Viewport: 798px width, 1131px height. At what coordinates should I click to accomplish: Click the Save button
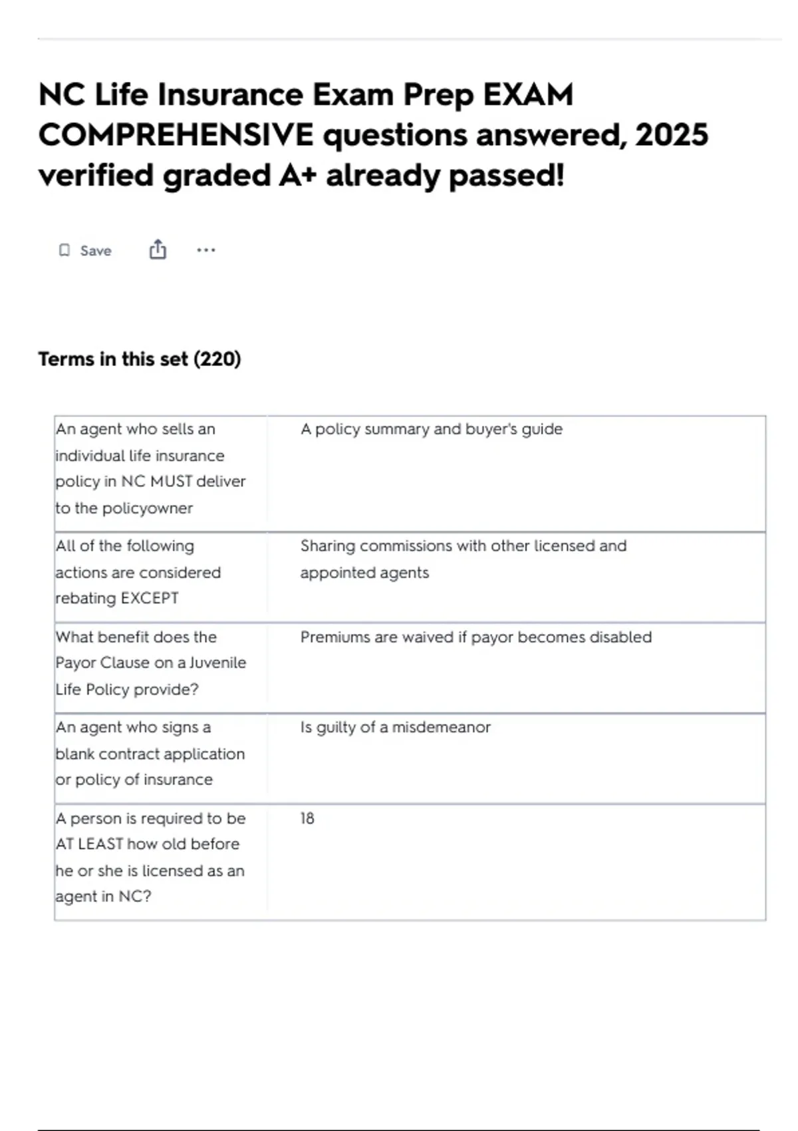[x=95, y=251]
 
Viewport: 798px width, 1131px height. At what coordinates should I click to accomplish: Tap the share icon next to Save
[x=158, y=249]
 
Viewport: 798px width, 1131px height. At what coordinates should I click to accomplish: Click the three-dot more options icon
[x=206, y=250]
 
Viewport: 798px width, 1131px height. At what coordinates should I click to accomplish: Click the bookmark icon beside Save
[x=65, y=250]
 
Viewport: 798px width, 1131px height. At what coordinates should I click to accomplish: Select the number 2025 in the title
[x=672, y=135]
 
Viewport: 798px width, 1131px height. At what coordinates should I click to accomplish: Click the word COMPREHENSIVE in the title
[x=176, y=135]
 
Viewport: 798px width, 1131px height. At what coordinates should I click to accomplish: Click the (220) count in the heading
[x=217, y=359]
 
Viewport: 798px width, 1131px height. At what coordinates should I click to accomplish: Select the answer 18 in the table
[x=307, y=818]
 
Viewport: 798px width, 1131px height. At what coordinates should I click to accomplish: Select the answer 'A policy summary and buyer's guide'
[x=431, y=429]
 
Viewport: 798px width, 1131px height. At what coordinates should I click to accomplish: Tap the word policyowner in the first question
[x=147, y=508]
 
